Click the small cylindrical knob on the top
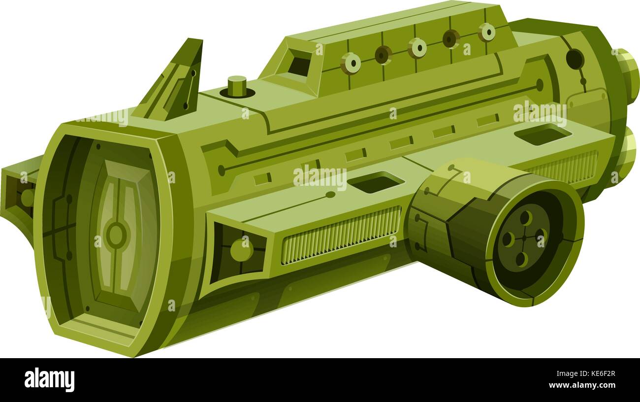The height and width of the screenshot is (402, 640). (237, 86)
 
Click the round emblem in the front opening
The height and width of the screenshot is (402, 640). (116, 235)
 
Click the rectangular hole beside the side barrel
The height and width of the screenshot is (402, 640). (376, 182)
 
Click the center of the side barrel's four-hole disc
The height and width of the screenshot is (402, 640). (523, 238)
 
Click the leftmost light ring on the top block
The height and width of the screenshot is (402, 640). (351, 64)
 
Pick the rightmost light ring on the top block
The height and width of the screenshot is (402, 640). (486, 32)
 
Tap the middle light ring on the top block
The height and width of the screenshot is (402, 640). (417, 48)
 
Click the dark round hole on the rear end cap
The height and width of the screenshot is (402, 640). (575, 59)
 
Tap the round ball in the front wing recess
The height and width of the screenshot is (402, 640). (241, 250)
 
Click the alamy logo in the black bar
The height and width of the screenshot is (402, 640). (49, 380)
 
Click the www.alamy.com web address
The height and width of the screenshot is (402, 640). (585, 386)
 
